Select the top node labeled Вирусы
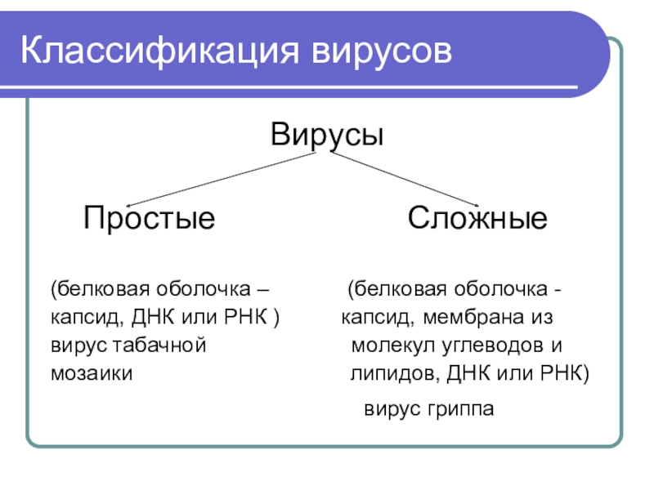click(327, 134)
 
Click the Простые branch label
click(149, 218)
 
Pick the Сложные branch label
click(478, 218)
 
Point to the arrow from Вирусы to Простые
click(221, 180)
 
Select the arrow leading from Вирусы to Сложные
click(396, 179)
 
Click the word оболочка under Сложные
click(504, 290)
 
